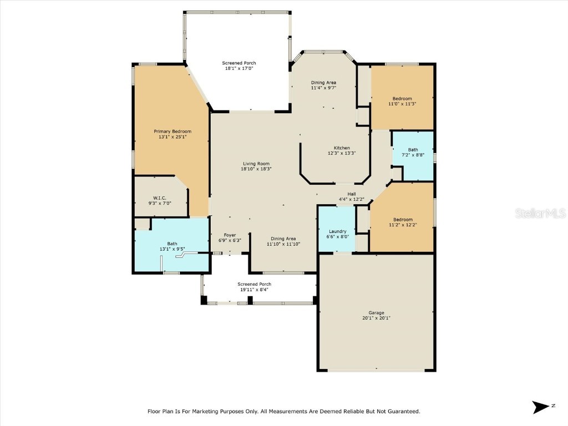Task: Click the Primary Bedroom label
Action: (172, 131)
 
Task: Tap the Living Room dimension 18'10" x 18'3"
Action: (256, 169)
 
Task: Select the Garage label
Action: (376, 313)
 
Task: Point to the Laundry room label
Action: (337, 231)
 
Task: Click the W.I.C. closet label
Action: (160, 198)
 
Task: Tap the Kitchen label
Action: (342, 148)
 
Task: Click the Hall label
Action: (352, 194)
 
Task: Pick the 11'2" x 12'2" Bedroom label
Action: (403, 220)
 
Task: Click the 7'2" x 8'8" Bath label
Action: (413, 150)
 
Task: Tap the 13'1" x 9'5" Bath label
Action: (172, 244)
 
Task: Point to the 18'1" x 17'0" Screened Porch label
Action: (239, 63)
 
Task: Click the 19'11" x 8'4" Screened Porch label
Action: (255, 284)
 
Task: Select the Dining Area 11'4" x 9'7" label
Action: (323, 83)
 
